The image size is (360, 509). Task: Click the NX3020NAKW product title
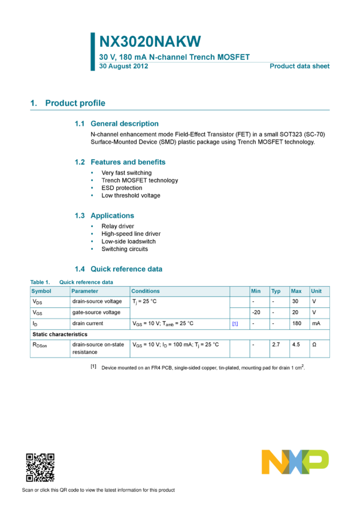[x=150, y=42]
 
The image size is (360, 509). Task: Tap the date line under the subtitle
[x=123, y=66]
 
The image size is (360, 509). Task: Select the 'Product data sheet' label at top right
[x=300, y=66]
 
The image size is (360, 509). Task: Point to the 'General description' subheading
[x=125, y=124]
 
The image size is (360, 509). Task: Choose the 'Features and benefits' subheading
[x=128, y=162]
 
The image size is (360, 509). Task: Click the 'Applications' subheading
[x=112, y=216]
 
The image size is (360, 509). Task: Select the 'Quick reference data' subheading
[x=126, y=269]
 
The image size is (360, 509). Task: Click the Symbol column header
[x=41, y=292]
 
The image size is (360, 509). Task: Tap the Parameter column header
[x=84, y=292]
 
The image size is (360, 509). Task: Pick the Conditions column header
[x=146, y=292]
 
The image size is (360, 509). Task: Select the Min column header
[x=256, y=292]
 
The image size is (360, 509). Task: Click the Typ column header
[x=276, y=292]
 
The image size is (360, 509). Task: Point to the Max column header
[x=296, y=292]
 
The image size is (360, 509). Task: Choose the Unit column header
[x=316, y=292]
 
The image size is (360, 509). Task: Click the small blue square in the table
[x=235, y=324]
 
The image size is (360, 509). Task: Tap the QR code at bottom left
[x=40, y=467]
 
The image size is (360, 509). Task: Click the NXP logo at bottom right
[x=295, y=462]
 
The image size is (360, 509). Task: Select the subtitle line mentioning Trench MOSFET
[x=174, y=57]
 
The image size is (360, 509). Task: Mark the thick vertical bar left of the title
[x=92, y=51]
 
